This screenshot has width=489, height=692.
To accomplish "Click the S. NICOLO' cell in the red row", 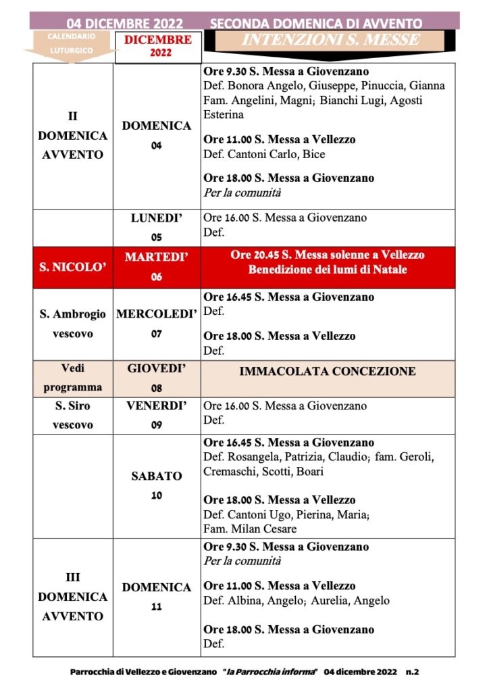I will [72, 268].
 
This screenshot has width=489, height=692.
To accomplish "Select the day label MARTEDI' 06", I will [156, 267].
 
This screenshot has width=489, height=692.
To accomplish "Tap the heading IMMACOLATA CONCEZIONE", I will [328, 372].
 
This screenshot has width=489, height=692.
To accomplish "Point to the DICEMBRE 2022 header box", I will [157, 46].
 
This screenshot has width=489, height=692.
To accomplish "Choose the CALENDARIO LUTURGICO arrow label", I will [71, 43].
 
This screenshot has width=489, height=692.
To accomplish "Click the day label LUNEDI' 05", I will [156, 228].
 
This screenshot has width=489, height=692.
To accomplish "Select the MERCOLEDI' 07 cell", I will [156, 324].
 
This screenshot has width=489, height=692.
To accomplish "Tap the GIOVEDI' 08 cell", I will [156, 378].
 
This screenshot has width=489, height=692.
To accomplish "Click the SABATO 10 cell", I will [156, 485].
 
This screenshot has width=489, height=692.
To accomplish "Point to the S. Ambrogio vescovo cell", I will [72, 324].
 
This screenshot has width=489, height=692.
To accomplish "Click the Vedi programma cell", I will [72, 378].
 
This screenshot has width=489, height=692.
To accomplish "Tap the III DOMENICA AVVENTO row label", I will [72, 597].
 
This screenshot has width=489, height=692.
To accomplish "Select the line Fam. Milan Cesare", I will [250, 529].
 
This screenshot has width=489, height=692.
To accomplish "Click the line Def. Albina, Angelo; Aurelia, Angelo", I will [297, 601].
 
